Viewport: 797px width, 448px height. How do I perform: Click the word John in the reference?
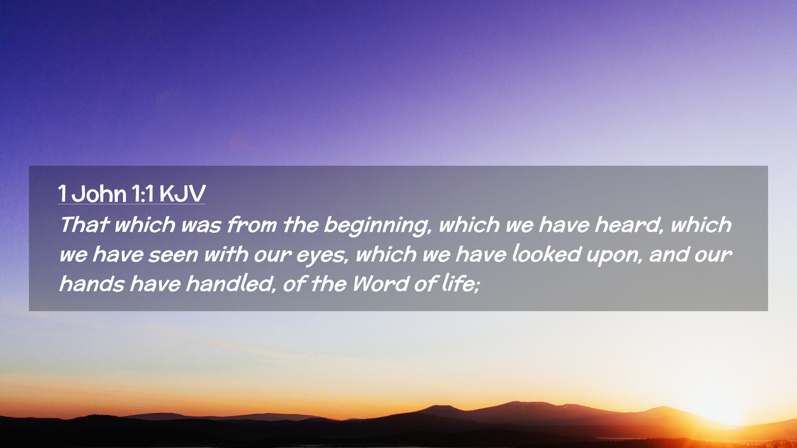pos(98,194)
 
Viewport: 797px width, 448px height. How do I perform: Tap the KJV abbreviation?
pos(182,194)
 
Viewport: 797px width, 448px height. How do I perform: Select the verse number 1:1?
pos(143,194)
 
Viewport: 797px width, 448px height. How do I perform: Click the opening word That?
pos(84,225)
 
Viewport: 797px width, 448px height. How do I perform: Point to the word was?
pos(201,225)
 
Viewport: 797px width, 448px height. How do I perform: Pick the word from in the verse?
pos(252,225)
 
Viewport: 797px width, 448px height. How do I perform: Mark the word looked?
pos(546,254)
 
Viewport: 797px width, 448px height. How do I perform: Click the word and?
pos(668,254)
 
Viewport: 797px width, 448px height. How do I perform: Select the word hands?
pos(92,284)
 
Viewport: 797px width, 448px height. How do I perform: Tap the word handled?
pos(231,284)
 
